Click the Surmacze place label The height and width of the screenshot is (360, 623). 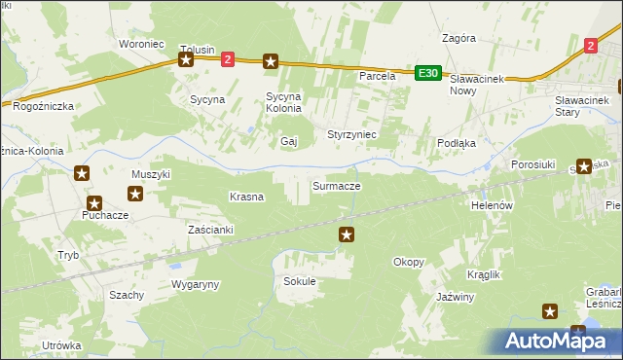(336, 185)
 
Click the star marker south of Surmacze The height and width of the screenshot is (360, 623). (347, 234)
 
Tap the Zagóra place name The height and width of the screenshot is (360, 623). (458, 39)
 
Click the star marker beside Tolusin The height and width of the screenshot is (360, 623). (186, 60)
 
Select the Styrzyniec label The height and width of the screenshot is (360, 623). (351, 133)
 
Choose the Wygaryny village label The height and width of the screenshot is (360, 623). (196, 284)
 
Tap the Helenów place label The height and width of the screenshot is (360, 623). (492, 206)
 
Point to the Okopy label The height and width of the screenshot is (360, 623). (408, 262)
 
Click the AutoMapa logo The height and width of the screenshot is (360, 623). (555, 341)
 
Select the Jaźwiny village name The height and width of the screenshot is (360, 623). (455, 297)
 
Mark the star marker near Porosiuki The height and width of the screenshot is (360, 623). (584, 166)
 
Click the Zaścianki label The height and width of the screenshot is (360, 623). (211, 230)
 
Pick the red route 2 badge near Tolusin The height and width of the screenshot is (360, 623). (228, 60)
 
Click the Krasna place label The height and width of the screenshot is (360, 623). (246, 197)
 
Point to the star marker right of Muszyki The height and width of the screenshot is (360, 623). (135, 194)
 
